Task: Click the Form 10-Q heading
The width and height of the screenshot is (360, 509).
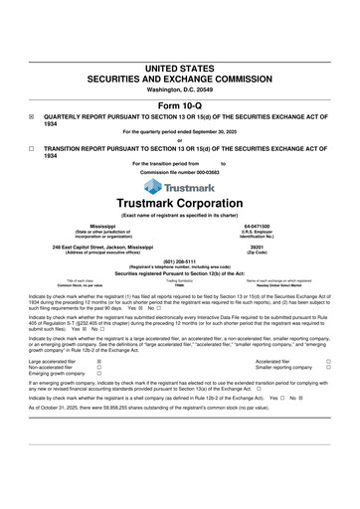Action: click(180, 104)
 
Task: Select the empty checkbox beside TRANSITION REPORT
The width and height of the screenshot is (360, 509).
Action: click(31, 148)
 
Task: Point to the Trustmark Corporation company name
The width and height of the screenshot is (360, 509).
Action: click(180, 204)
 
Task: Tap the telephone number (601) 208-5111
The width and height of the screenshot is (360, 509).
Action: click(180, 262)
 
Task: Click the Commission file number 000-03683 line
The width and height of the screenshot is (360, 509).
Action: click(180, 171)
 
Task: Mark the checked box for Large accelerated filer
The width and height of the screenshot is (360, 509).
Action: click(98, 334)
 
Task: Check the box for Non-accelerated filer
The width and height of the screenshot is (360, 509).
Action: click(98, 341)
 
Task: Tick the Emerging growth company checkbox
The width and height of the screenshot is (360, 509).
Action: click(98, 348)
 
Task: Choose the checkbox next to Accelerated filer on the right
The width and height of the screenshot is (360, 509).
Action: click(328, 334)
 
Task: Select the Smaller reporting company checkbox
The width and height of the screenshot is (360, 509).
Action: click(328, 341)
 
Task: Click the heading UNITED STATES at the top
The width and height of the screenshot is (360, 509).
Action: click(180, 67)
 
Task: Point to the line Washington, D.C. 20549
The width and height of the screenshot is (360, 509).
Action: click(180, 89)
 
